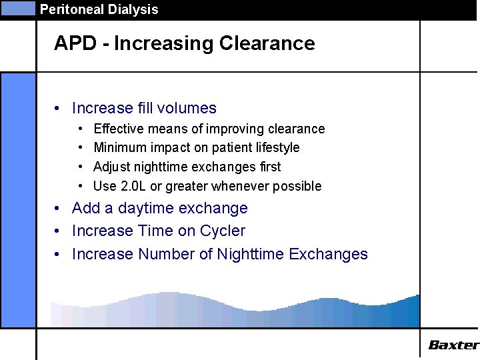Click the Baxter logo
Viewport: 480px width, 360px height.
point(453,345)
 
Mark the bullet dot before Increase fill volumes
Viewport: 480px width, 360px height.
point(59,109)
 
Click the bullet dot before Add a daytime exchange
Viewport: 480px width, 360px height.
point(59,209)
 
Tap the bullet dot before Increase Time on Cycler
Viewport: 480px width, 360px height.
point(59,231)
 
